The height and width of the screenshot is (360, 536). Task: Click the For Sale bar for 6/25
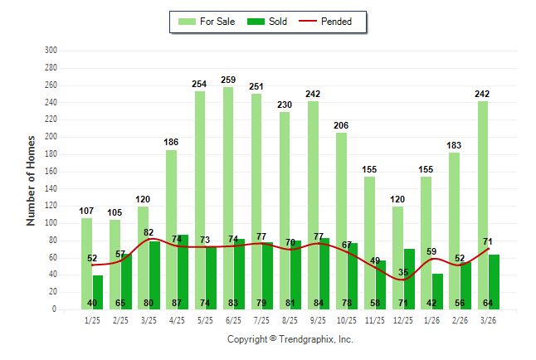pos(228,166)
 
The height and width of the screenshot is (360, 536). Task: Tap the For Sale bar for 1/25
pos(86,249)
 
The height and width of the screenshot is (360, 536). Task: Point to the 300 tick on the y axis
pos(51,51)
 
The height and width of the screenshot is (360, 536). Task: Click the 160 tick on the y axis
pos(51,172)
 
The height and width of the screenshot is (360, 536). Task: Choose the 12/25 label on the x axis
pos(403,320)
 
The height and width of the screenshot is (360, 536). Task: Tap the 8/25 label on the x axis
pos(290,320)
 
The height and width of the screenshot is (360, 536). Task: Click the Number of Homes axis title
pos(31,180)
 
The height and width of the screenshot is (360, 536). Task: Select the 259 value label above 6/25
pos(228,80)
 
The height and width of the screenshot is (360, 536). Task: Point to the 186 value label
pos(171,143)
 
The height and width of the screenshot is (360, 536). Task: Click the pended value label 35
pos(404,272)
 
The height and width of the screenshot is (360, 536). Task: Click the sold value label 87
pos(177,304)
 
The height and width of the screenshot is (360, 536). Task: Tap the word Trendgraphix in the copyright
pos(304,339)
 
